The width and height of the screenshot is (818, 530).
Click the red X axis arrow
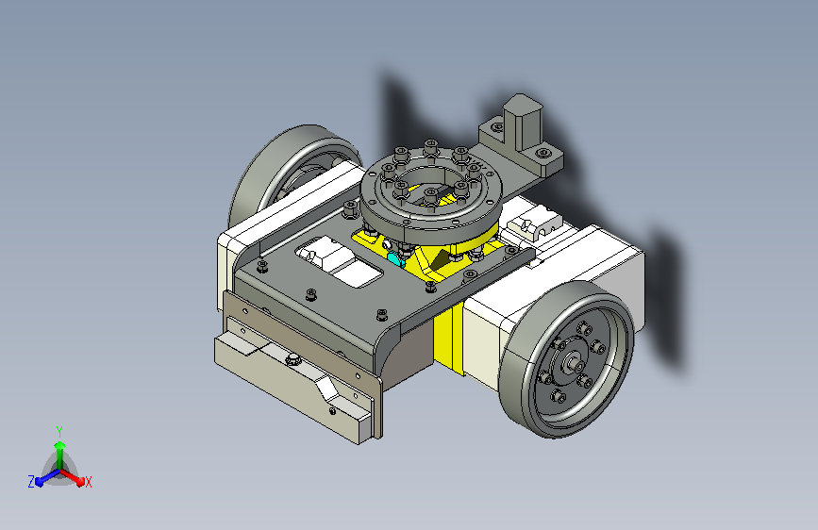(72, 476)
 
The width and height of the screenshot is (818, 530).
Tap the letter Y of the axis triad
(59, 432)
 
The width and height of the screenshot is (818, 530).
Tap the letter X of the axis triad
(88, 483)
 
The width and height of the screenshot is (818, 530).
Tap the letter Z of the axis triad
(31, 482)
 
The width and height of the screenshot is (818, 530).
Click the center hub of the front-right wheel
(575, 360)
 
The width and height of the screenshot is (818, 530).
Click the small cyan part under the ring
(396, 258)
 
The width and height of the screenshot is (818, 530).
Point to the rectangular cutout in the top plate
(340, 261)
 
